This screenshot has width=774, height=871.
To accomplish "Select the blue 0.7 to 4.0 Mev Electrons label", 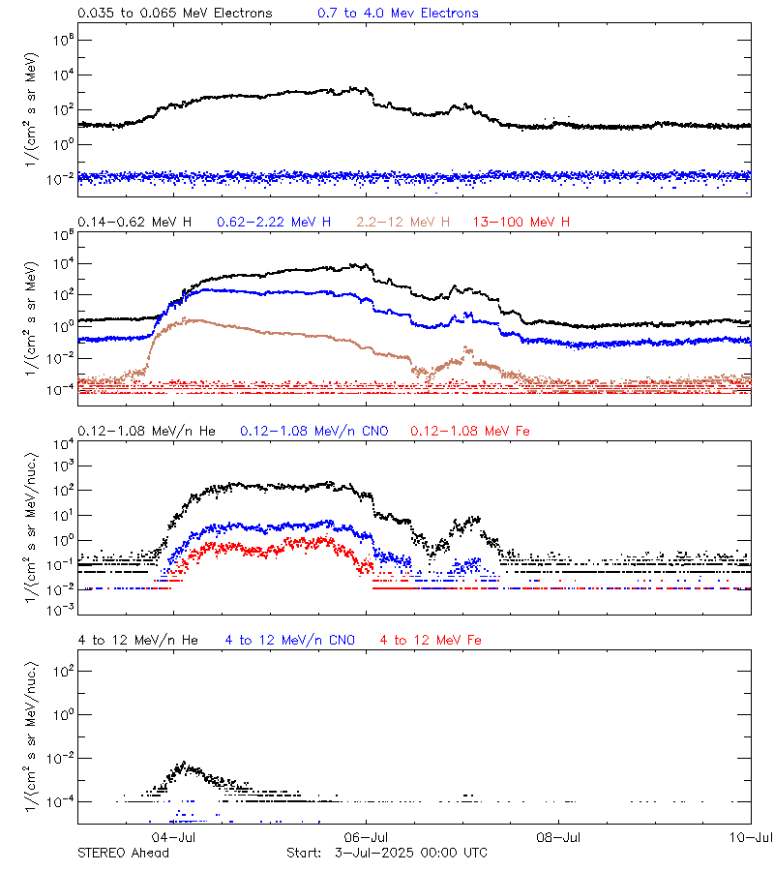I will click(x=398, y=14).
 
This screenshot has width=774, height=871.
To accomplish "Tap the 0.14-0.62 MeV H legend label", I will click(x=134, y=223).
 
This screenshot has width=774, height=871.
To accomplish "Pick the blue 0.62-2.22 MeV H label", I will click(x=280, y=223).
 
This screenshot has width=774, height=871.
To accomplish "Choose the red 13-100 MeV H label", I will click(x=521, y=223).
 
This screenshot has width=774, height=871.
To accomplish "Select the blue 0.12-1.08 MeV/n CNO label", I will click(x=313, y=431).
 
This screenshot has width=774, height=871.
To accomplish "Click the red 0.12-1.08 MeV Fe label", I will click(x=470, y=431).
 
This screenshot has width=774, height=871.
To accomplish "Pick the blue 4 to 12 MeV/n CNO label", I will click(x=290, y=640).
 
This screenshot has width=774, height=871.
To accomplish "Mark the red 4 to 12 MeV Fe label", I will click(x=431, y=640).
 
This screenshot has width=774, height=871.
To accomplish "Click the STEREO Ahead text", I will click(x=123, y=853).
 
